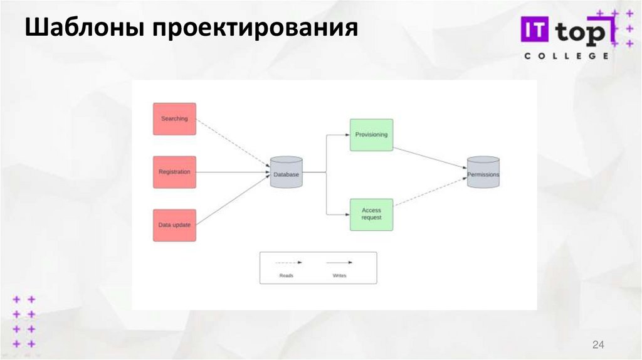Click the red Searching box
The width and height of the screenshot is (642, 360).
click(174, 119)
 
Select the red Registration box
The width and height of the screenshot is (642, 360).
click(174, 172)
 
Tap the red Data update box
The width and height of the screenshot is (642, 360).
click(174, 225)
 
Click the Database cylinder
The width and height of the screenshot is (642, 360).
click(287, 172)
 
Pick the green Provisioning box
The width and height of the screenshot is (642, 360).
click(371, 135)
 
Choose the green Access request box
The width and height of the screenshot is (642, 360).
click(371, 214)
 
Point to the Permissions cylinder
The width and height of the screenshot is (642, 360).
click(483, 172)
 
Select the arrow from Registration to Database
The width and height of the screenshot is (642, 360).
click(232, 172)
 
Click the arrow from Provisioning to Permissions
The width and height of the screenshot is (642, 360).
click(429, 157)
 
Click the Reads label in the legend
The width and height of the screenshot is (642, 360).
click(287, 275)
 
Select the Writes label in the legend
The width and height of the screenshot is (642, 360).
click(339, 275)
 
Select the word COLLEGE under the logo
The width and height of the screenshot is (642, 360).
click(566, 56)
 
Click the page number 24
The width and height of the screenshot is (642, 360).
click(597, 344)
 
